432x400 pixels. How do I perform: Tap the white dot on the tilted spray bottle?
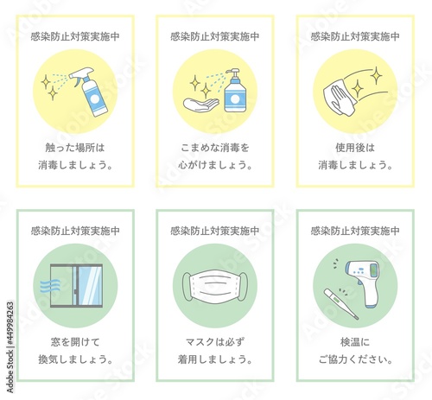95,98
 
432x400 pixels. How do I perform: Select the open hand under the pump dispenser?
201,105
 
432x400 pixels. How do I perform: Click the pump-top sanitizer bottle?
235,91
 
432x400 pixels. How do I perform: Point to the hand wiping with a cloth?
340,99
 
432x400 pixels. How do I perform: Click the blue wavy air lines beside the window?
50,285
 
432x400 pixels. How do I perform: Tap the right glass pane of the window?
90,286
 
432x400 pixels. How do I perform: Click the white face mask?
215,286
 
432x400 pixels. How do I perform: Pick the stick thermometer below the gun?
341,304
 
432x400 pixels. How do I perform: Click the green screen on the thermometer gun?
373,270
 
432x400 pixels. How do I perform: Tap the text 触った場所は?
75,148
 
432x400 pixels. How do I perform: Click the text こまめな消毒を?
215,148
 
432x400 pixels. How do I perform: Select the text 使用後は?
355,148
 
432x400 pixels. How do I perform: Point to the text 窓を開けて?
75,342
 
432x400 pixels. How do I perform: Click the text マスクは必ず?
215,342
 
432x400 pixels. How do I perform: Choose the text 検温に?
355,342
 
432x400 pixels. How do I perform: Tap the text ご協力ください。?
355,359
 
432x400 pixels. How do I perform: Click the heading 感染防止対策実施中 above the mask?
215,231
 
